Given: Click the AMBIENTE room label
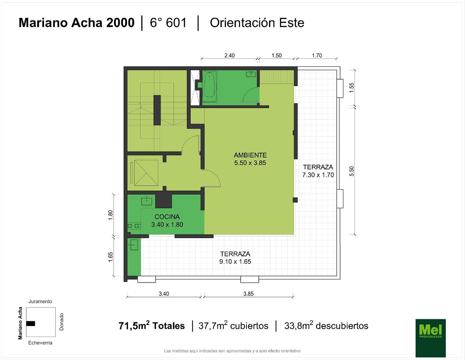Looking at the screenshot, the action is pyautogui.click(x=250, y=155).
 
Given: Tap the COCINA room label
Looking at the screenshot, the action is pyautogui.click(x=167, y=217).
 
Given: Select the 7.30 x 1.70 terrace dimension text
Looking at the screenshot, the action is pyautogui.click(x=318, y=175).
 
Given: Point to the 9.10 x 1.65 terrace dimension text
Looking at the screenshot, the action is pyautogui.click(x=235, y=261).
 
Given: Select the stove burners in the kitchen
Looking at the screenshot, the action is pyautogui.click(x=134, y=226).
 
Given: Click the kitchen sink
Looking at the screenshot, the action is pyautogui.click(x=146, y=201).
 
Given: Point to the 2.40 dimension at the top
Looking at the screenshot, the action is pyautogui.click(x=229, y=56).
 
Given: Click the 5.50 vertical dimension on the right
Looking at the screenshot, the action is pyautogui.click(x=352, y=171).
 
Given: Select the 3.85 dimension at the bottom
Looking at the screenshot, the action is pyautogui.click(x=249, y=294).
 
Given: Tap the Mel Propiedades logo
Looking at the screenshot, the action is pyautogui.click(x=431, y=338).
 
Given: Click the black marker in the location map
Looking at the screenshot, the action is pyautogui.click(x=31, y=323).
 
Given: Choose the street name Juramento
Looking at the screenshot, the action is pyautogui.click(x=40, y=301).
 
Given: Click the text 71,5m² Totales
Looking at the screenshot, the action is pyautogui.click(x=151, y=326).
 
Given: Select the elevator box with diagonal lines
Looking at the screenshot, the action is pyautogui.click(x=146, y=173).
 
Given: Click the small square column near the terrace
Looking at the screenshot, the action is pyautogui.click(x=295, y=200).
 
